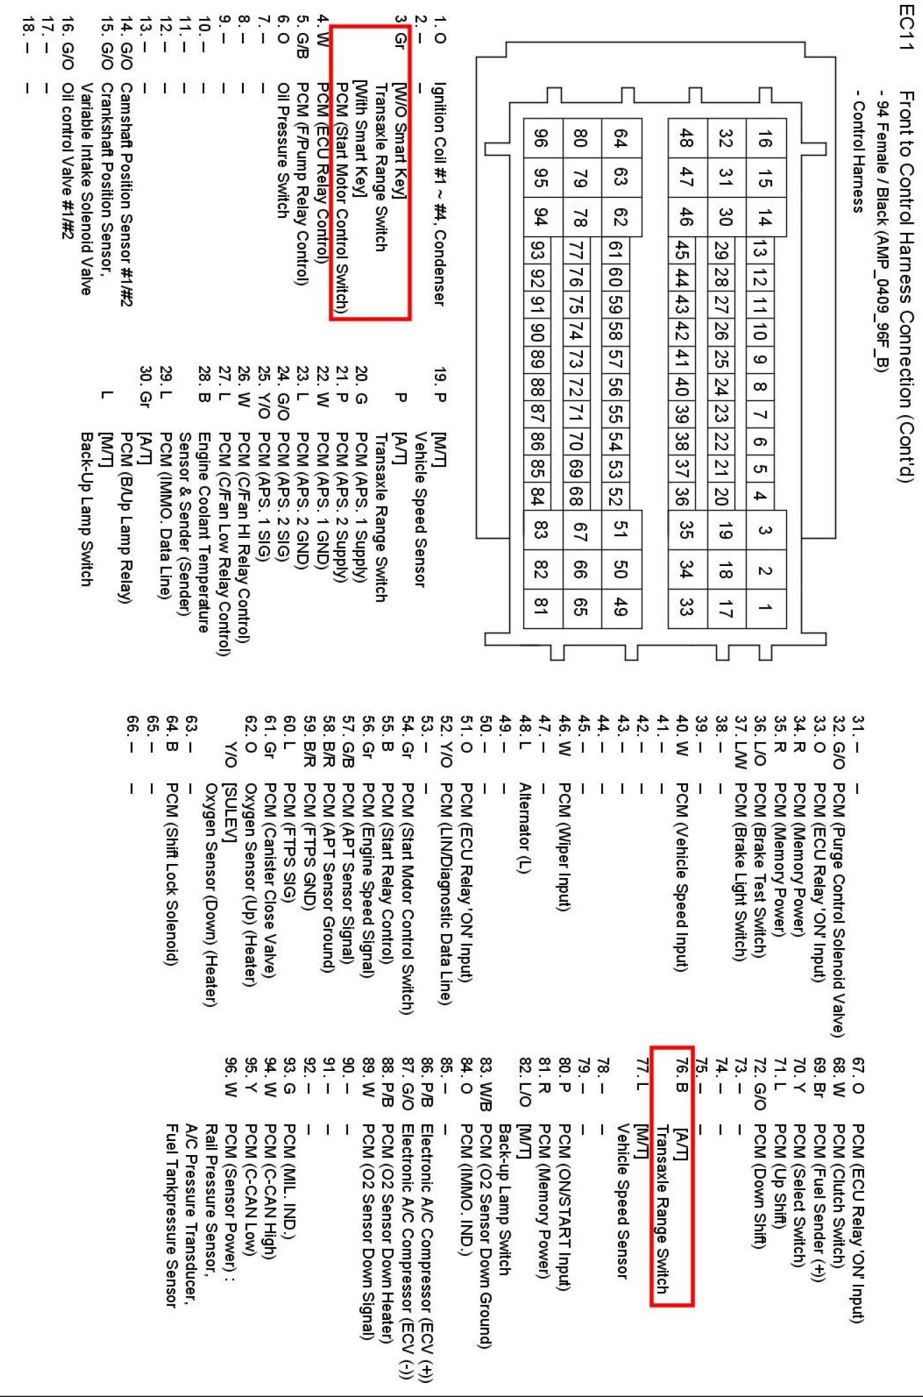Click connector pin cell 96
(540, 138)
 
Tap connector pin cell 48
(685, 138)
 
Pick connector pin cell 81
(540, 607)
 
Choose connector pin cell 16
(765, 138)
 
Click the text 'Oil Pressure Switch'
(283, 150)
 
